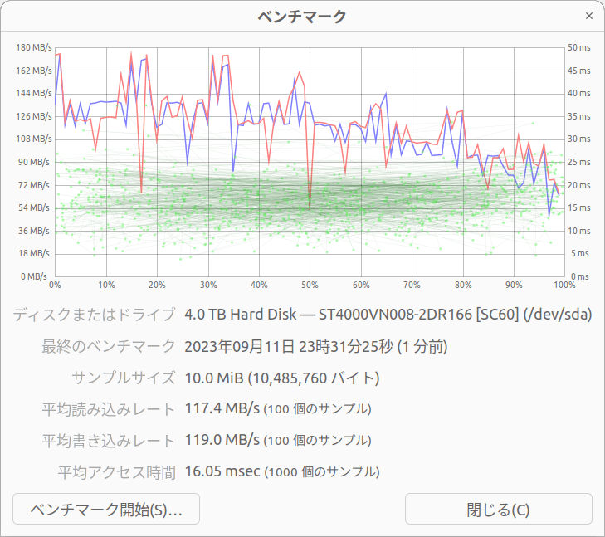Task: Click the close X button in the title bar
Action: point(589,16)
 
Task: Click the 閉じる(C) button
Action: point(498,509)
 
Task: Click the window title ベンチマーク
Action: point(302,16)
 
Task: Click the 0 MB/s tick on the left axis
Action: point(34,276)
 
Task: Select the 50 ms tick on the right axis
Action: point(579,47)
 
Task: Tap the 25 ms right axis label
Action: point(579,162)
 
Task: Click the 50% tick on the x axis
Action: point(310,285)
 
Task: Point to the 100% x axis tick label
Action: point(564,285)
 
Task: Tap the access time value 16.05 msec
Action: point(222,471)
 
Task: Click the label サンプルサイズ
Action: point(124,378)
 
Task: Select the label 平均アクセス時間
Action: point(116,472)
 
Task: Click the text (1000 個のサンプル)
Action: point(322,472)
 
